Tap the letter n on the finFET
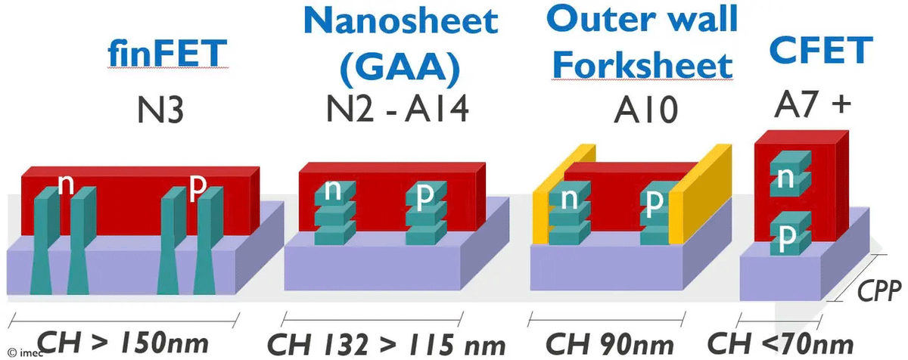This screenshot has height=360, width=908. coord(66,185)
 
